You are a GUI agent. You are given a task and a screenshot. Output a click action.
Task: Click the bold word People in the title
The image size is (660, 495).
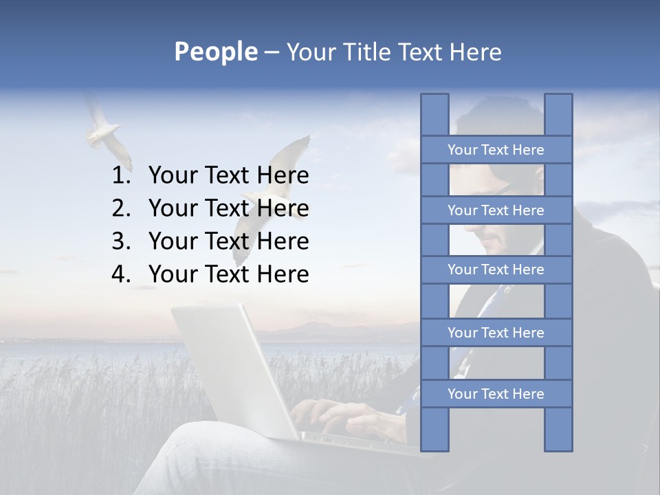pyautogui.click(x=215, y=52)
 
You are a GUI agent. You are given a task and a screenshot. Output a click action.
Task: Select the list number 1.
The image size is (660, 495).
pyautogui.click(x=121, y=176)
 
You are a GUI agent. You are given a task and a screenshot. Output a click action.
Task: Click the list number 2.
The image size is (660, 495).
pyautogui.click(x=121, y=208)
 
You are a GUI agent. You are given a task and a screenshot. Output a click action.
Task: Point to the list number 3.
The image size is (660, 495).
pyautogui.click(x=121, y=241)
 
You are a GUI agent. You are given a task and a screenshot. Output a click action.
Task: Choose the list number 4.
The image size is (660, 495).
pyautogui.click(x=121, y=274)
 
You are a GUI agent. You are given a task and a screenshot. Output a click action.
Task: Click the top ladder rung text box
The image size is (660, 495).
pyautogui.click(x=496, y=150)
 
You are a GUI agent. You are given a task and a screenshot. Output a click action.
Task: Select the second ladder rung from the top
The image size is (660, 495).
pyautogui.click(x=496, y=210)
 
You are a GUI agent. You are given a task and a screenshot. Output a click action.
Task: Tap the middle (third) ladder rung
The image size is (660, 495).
pyautogui.click(x=496, y=269)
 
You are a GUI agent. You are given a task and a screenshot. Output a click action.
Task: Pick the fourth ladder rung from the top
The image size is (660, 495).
pyautogui.click(x=496, y=333)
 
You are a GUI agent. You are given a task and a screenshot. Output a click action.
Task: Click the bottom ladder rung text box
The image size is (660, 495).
pyautogui.click(x=496, y=394)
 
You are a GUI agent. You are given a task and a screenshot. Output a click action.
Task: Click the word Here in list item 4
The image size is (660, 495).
pyautogui.click(x=282, y=274)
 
